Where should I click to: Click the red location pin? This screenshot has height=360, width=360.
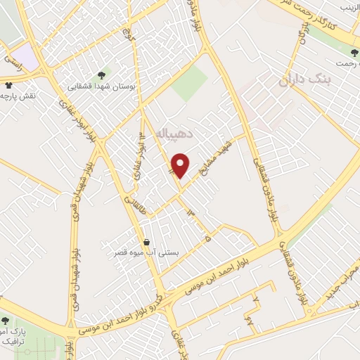[x=181, y=165]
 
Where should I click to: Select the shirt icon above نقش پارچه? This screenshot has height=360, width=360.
[x=8, y=84]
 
